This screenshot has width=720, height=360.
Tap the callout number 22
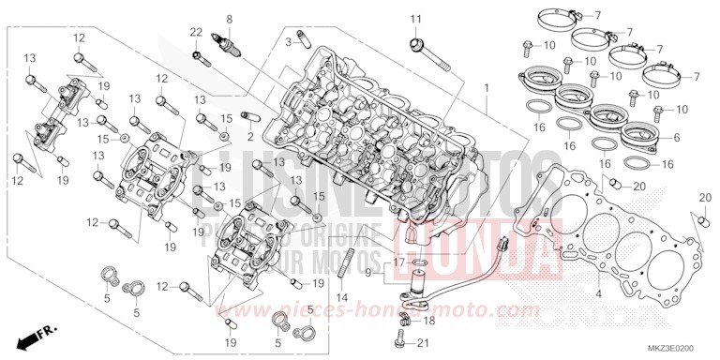tap(196, 33)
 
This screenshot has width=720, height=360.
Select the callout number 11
tap(415, 20)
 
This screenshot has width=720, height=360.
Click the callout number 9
tap(368, 272)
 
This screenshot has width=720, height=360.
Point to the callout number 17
tap(398, 262)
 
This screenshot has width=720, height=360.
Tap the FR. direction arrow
tap(40, 333)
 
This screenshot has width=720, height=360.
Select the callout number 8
tap(228, 18)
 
